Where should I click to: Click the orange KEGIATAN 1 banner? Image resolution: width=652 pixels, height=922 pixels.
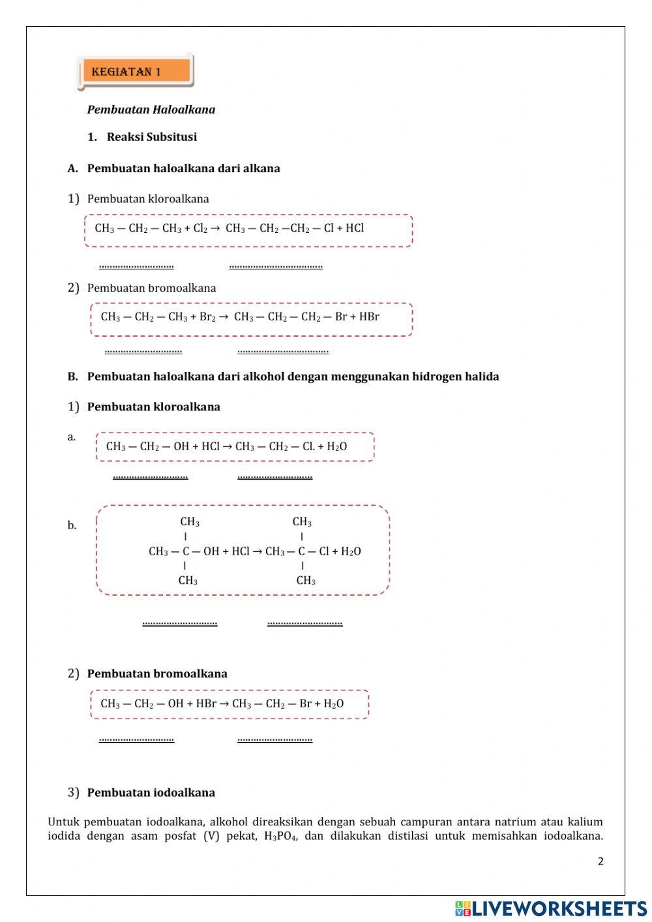[x=135, y=71]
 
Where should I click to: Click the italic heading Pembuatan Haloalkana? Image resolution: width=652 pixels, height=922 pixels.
[x=151, y=110]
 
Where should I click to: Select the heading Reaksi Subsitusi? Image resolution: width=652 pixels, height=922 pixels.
[x=151, y=137]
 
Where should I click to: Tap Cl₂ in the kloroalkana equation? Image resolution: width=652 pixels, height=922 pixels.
[x=200, y=228]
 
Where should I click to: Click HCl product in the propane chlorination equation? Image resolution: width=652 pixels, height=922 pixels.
[x=355, y=228]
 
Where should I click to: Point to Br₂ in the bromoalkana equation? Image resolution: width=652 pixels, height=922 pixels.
[x=207, y=317]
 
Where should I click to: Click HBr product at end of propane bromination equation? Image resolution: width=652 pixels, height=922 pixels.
[x=369, y=317]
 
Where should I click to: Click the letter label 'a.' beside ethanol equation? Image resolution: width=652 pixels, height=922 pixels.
[x=72, y=437]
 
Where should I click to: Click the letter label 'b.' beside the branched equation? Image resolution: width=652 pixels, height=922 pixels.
[x=72, y=525]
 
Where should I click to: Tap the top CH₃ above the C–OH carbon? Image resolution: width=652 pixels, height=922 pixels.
[x=190, y=522]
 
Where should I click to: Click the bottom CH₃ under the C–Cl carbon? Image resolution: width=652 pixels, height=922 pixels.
[x=306, y=581]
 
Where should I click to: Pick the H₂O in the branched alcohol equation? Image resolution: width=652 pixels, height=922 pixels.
[x=351, y=551]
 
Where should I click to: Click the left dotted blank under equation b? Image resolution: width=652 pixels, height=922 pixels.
[x=179, y=623]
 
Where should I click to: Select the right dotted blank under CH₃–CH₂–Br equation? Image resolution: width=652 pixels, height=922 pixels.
[x=274, y=739]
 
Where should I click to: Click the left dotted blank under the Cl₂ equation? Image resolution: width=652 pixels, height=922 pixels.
[x=136, y=266]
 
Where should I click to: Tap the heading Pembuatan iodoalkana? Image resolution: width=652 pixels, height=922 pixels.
[x=151, y=793]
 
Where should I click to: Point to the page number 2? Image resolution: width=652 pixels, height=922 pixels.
[x=600, y=861]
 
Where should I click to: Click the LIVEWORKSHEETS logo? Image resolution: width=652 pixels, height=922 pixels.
[x=551, y=908]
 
